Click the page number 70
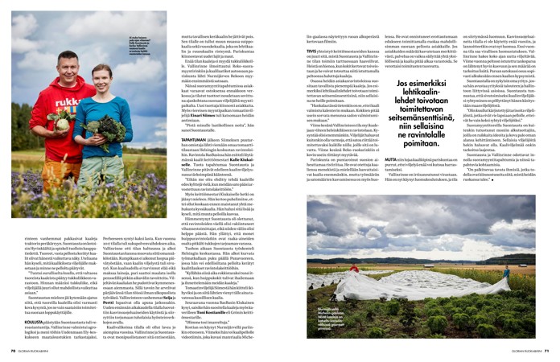(13, 351)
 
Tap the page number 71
(547, 351)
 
